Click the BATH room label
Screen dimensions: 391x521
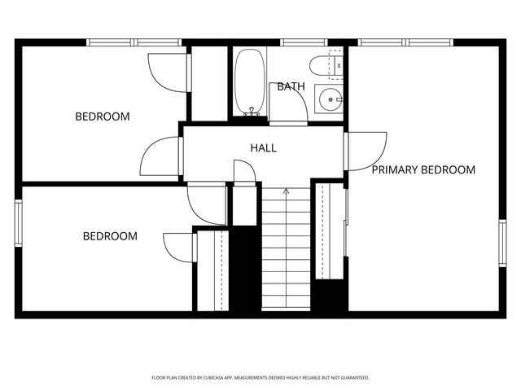291,86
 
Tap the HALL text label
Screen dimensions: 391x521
263,148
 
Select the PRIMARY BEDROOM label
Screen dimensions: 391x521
423,170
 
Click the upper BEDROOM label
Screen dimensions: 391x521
103,116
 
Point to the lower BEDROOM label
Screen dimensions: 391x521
110,236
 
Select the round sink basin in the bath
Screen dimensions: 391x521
330,100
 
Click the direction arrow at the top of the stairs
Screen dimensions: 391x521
286,191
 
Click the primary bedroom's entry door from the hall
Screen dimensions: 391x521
365,152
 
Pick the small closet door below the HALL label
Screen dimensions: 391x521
244,172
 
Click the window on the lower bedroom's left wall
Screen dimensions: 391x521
18,222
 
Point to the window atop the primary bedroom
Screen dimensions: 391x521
406,42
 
